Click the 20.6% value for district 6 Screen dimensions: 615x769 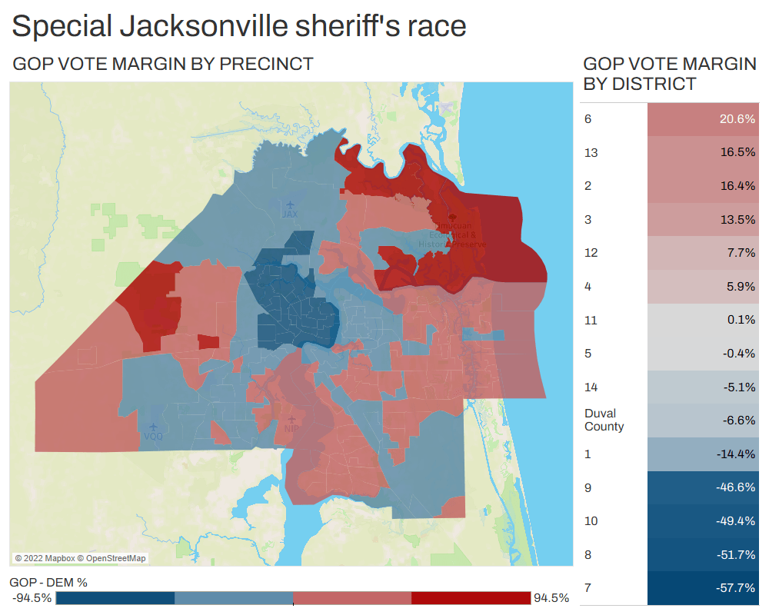tap(737, 119)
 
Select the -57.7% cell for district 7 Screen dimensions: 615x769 tap(736, 588)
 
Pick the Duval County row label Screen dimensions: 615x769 tap(604, 420)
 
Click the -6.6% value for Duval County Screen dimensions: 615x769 tap(737, 421)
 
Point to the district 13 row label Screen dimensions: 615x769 tap(591, 152)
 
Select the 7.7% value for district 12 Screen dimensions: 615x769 tap(740, 253)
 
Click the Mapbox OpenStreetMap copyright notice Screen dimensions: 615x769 tap(81, 558)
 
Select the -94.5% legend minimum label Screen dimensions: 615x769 tap(32, 598)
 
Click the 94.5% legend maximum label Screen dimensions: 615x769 tap(551, 598)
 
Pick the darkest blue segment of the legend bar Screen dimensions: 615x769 tap(115, 598)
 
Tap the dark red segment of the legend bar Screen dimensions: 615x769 tap(471, 598)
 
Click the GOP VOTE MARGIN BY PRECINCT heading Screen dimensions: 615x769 tap(163, 64)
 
